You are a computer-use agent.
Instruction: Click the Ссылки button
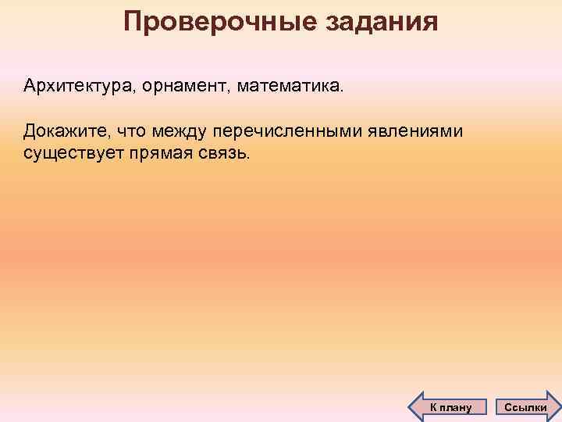pos(526,406)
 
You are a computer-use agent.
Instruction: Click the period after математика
pos(340,89)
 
